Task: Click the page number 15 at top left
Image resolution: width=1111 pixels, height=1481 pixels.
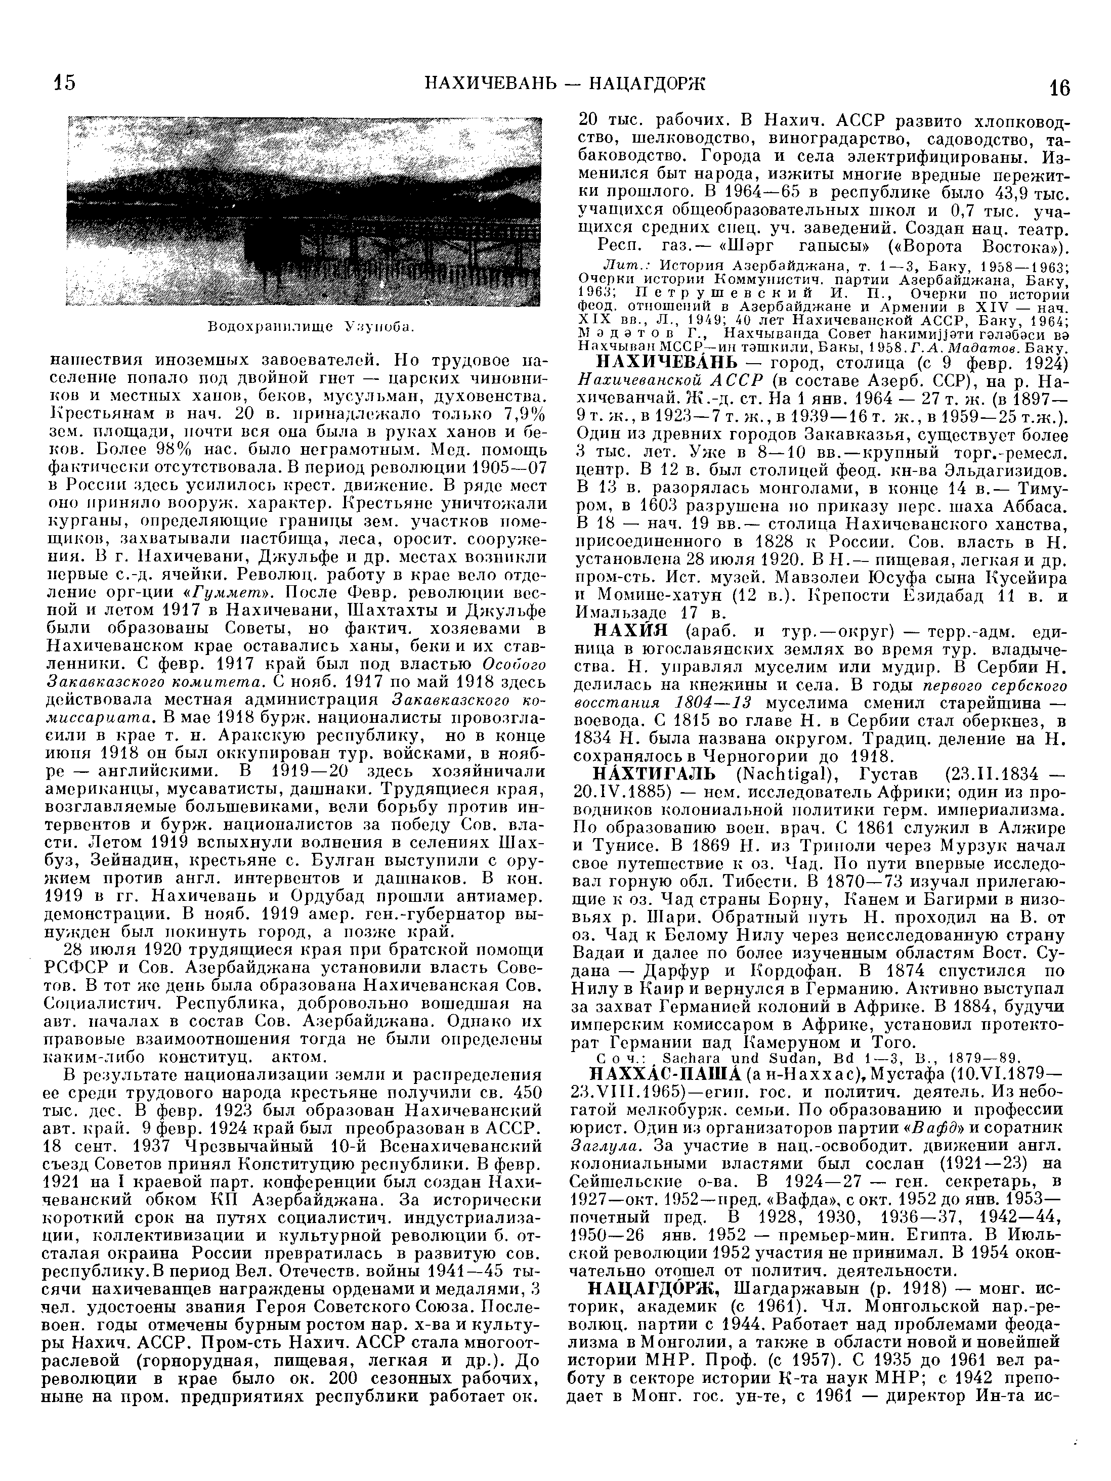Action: [x=64, y=83]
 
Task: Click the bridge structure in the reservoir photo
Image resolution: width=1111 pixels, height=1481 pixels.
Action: [x=415, y=248]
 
